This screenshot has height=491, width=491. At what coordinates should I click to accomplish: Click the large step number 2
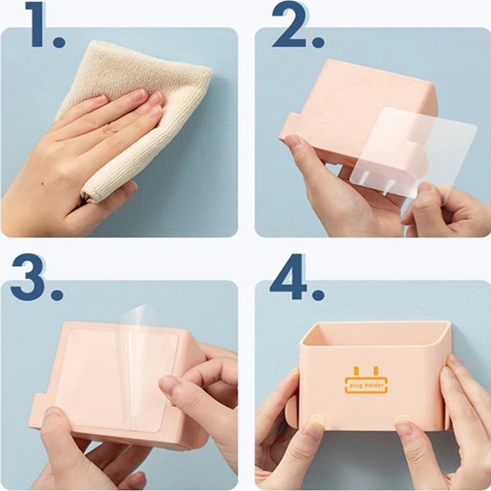pyautogui.click(x=289, y=25)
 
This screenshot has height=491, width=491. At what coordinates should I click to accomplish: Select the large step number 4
pyautogui.click(x=288, y=277)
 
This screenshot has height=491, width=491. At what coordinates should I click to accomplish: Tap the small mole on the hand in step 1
pyautogui.click(x=42, y=184)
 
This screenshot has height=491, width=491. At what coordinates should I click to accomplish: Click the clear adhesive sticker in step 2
pyautogui.click(x=413, y=153)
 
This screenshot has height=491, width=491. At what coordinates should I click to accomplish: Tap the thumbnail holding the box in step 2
pyautogui.click(x=293, y=141)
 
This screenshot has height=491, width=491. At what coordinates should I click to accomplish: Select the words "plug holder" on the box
pyautogui.click(x=366, y=385)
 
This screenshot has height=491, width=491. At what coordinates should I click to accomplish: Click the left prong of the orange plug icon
pyautogui.click(x=356, y=371)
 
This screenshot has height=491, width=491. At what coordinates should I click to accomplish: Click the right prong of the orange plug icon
pyautogui.click(x=376, y=371)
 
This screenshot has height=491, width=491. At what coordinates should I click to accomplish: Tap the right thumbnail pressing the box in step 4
pyautogui.click(x=403, y=419)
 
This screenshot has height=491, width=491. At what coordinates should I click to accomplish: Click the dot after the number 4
pyautogui.click(x=318, y=294)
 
